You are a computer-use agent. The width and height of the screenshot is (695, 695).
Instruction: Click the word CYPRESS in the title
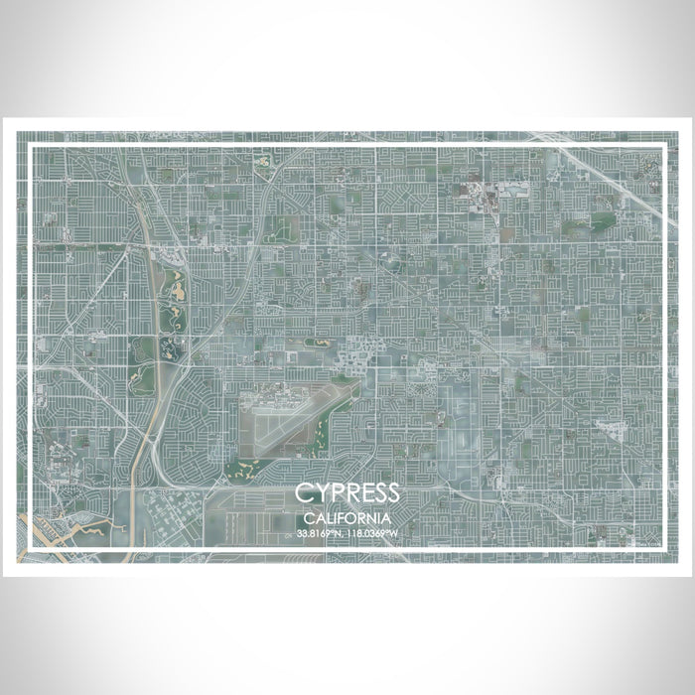coord(347,493)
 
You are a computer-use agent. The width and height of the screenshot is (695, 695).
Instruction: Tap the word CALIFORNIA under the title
coord(347,518)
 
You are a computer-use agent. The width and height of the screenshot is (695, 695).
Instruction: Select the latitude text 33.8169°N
coord(320,534)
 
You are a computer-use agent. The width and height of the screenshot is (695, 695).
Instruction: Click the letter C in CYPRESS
coord(302,493)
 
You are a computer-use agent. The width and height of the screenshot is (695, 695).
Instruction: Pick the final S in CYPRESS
coord(393,493)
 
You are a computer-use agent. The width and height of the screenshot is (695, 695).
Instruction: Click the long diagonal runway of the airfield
coord(308,412)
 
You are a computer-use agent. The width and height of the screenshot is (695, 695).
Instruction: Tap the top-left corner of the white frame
coord(33,147)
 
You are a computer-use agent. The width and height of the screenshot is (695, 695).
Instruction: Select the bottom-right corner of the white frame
coord(663,549)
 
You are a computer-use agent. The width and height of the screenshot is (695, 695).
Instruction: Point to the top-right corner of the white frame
coord(663,147)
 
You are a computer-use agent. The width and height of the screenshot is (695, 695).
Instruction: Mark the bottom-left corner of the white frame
coord(33,549)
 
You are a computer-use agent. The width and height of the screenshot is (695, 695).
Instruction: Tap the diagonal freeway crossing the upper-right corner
coord(606,174)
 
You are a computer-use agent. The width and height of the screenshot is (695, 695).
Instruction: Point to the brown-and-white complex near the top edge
coord(486,194)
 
